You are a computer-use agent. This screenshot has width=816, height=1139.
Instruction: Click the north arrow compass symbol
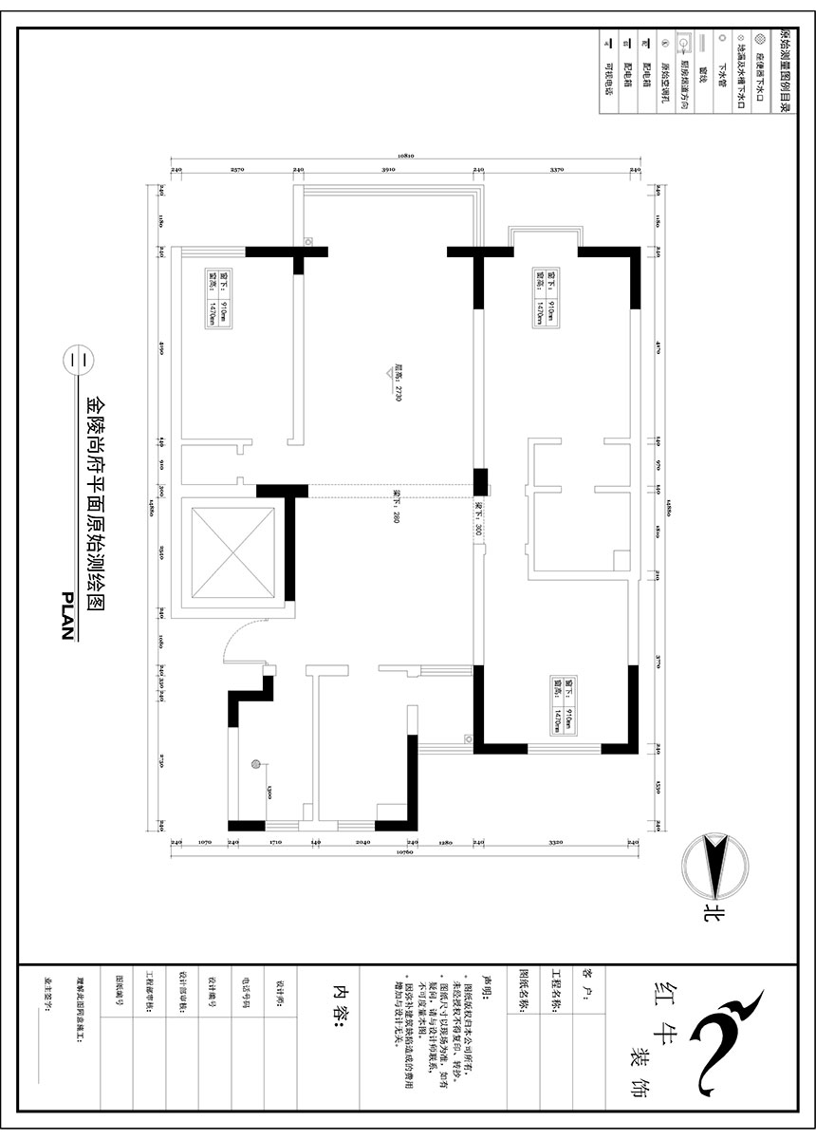coord(714,867)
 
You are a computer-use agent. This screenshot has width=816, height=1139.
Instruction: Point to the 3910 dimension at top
coord(387,169)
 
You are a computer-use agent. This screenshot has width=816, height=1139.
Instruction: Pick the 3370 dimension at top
coord(557,169)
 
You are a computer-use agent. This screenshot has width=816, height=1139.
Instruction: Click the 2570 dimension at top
coord(237,169)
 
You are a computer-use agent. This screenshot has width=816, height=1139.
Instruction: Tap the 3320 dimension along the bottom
coord(556,841)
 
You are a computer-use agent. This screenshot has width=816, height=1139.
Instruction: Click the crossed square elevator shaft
coord(233,553)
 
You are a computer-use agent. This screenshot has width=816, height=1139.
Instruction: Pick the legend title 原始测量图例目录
coord(784,71)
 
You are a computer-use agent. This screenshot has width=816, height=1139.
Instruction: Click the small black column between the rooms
coord(480,481)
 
